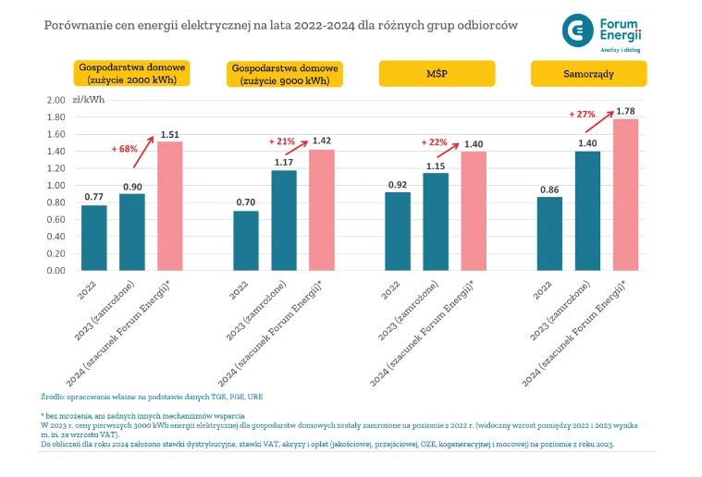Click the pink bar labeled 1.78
[x=625, y=195]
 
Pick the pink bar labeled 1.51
[x=169, y=206]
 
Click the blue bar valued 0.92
[x=397, y=231]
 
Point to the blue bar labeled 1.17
[x=284, y=221]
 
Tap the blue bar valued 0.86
[x=549, y=234]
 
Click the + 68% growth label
[x=125, y=149]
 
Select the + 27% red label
[x=582, y=115]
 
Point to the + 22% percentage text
[x=434, y=142]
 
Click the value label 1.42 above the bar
[x=322, y=141]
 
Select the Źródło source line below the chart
[x=152, y=397]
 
